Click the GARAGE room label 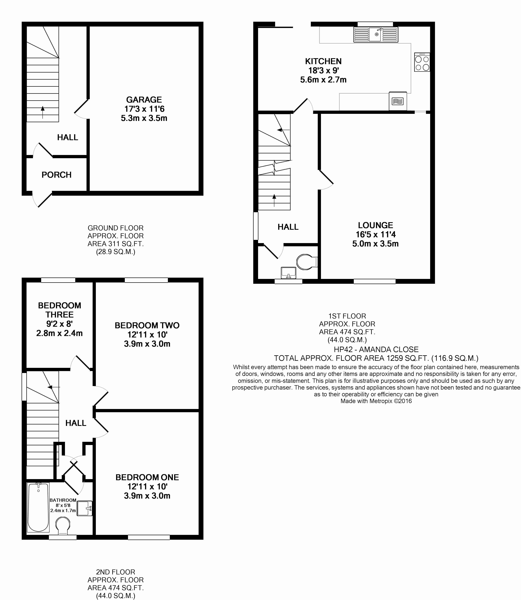(x=144, y=100)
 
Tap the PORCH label (x=56, y=175)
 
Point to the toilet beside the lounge (x=306, y=262)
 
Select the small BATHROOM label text (x=63, y=500)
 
